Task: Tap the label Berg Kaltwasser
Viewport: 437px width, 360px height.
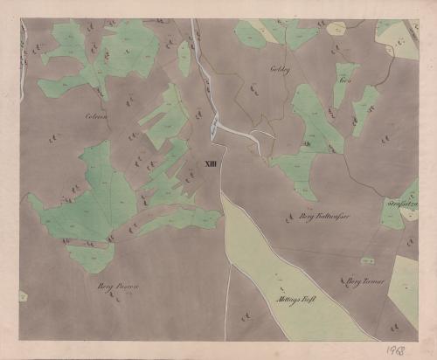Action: (x=311, y=214)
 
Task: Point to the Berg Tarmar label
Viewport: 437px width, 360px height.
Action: (x=365, y=281)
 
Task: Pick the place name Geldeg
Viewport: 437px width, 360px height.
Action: (x=279, y=67)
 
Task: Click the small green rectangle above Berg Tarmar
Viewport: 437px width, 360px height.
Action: (x=368, y=260)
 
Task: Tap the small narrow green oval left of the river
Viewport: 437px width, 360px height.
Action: (x=184, y=58)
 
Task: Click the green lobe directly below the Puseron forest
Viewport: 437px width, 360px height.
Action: (x=91, y=259)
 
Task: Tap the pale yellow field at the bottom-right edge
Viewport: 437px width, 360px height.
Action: (x=404, y=288)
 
